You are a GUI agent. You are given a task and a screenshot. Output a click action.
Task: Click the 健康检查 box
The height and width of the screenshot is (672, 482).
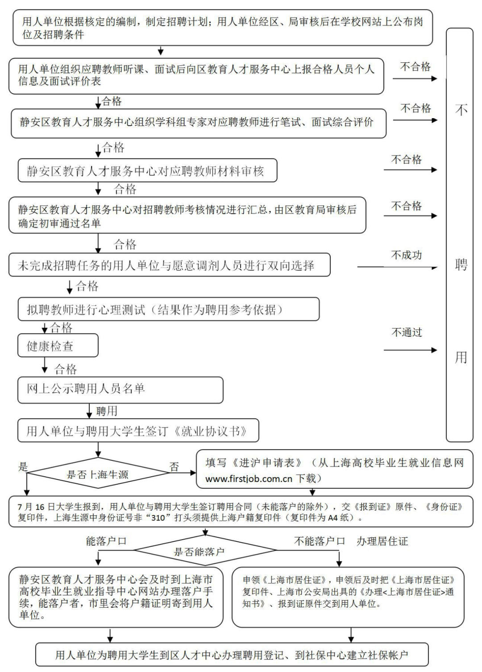[x=58, y=346]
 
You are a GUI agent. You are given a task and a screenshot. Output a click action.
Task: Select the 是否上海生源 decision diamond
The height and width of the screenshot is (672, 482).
[x=98, y=474]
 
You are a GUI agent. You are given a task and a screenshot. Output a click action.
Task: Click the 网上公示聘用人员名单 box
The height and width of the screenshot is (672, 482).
[x=120, y=389]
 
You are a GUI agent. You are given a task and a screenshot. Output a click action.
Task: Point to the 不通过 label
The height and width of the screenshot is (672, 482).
[x=407, y=332]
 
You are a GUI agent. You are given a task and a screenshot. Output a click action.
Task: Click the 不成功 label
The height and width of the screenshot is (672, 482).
[x=406, y=255]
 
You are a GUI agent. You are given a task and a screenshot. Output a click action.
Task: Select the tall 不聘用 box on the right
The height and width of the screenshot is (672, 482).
[x=460, y=234]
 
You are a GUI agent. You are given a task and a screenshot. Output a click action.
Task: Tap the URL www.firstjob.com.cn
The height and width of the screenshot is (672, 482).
[x=249, y=479]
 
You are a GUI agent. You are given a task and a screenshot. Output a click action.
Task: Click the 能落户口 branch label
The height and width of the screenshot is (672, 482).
[x=106, y=541]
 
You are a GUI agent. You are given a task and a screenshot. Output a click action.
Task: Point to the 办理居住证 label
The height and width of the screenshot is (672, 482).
[x=382, y=541]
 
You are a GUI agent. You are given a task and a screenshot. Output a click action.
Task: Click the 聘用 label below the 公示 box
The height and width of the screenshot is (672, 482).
[x=107, y=411]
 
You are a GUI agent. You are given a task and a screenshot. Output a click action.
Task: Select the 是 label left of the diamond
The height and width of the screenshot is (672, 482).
[x=23, y=467]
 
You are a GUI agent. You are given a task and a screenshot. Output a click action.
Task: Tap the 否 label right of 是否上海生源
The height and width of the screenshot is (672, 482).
[x=174, y=467]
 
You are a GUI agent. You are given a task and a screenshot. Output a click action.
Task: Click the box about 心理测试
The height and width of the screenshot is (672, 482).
[x=168, y=309]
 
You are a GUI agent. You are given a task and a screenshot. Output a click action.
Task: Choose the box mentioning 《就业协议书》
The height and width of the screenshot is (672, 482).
[x=138, y=431]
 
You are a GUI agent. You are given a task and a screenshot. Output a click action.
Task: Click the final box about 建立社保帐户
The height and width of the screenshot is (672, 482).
[x=232, y=655]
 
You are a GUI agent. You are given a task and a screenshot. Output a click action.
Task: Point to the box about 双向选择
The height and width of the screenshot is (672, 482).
[x=169, y=265]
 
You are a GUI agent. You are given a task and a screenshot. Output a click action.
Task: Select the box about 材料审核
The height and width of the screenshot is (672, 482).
[x=147, y=171]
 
